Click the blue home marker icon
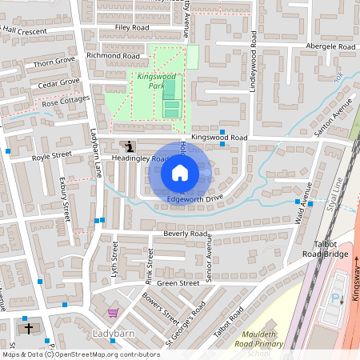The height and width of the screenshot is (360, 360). point(180,172)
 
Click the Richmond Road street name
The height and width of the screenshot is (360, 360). point(113,56)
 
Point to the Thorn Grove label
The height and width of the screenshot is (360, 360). point(54,61)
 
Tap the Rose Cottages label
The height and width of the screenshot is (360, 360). point(66,102)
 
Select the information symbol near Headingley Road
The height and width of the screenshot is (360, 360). point(130,146)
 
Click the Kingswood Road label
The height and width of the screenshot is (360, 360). point(226,138)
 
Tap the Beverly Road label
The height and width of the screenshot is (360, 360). point(186,234)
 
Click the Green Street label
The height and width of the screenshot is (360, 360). point(178,282)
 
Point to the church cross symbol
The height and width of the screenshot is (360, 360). point(29,328)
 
